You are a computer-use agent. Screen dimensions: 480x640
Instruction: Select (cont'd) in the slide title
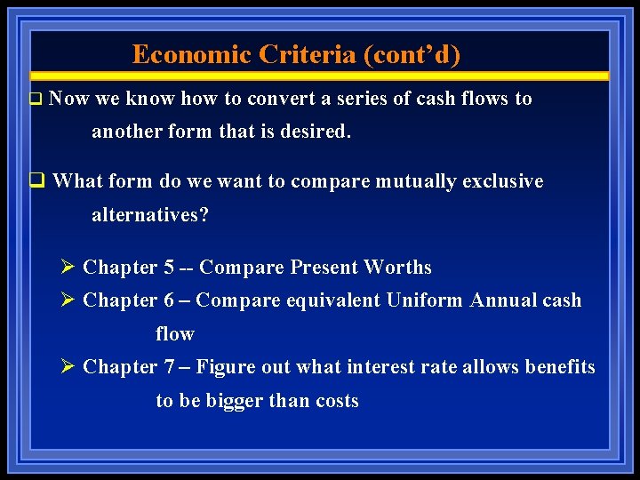(412, 55)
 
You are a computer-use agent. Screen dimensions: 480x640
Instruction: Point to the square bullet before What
(36, 182)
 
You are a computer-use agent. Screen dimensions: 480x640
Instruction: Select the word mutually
(413, 181)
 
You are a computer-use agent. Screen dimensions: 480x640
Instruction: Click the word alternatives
(150, 214)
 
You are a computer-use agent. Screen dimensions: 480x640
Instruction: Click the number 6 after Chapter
(169, 300)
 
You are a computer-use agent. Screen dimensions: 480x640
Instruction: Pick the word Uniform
(424, 300)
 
